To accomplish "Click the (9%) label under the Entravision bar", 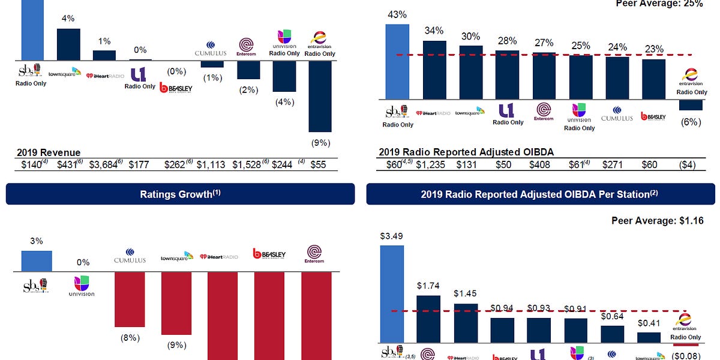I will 320,143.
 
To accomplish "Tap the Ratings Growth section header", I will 178,194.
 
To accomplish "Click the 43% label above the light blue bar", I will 397,14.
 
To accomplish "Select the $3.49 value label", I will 392,236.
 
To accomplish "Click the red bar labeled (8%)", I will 130,299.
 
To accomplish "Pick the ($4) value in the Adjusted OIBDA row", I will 691,164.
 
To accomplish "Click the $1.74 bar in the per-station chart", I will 428,319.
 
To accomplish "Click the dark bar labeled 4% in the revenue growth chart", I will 68,44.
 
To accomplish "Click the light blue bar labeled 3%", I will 37,261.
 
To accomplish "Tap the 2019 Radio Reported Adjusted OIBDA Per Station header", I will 540,194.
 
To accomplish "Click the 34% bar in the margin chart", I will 434,69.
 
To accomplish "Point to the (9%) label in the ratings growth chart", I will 176,346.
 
